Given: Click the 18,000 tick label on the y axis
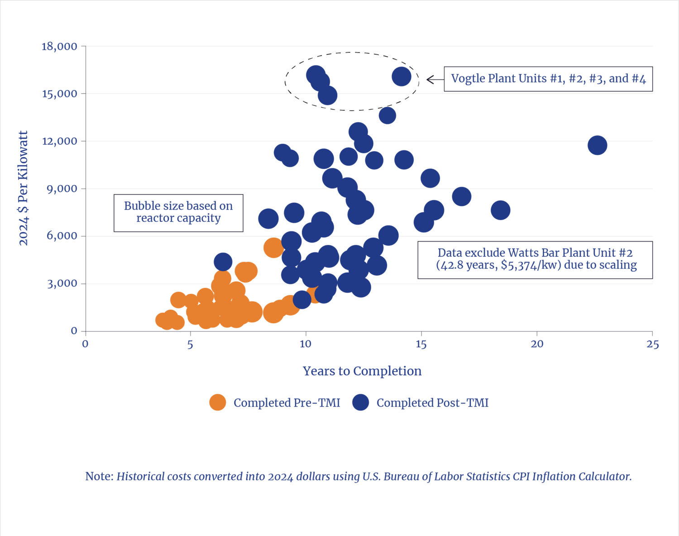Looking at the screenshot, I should pyautogui.click(x=59, y=46).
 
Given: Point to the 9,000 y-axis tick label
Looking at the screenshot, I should pyautogui.click(x=62, y=188).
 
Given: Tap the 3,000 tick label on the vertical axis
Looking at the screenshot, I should pyautogui.click(x=62, y=283).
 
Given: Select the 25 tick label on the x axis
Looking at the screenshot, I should pyautogui.click(x=652, y=345).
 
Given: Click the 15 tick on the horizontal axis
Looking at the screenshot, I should pyautogui.click(x=421, y=345).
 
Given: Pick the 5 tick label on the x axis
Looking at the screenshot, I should pyautogui.click(x=190, y=345).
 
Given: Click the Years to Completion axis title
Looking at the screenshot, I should pyautogui.click(x=362, y=371).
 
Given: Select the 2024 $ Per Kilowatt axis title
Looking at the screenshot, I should pyautogui.click(x=23, y=188).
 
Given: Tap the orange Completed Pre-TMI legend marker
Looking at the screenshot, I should pyautogui.click(x=218, y=402).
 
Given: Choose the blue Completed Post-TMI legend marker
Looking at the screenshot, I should pyautogui.click(x=360, y=402).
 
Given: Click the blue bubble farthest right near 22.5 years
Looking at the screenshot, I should pyautogui.click(x=597, y=145).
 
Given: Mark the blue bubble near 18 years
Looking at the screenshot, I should pyautogui.click(x=500, y=210).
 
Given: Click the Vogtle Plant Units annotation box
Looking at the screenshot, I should pyautogui.click(x=548, y=79).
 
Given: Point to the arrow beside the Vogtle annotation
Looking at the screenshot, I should pyautogui.click(x=434, y=80).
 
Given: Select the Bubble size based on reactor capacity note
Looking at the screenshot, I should pyautogui.click(x=178, y=212).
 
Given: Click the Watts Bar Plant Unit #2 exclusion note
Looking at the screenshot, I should pyautogui.click(x=535, y=259).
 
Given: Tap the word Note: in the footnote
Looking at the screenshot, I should pyautogui.click(x=99, y=477).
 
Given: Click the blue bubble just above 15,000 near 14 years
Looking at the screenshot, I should pyautogui.click(x=402, y=77).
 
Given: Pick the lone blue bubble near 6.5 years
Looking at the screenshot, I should pyautogui.click(x=223, y=261).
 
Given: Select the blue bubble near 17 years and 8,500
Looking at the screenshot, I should pyautogui.click(x=461, y=196).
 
